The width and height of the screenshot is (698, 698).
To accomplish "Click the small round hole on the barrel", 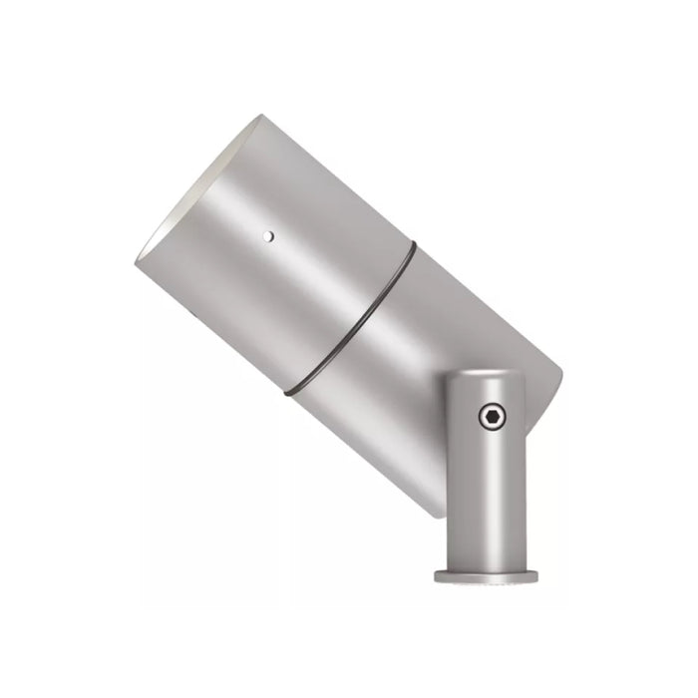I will point(266,236).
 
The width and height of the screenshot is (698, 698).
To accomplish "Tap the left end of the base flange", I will point(436,576).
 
